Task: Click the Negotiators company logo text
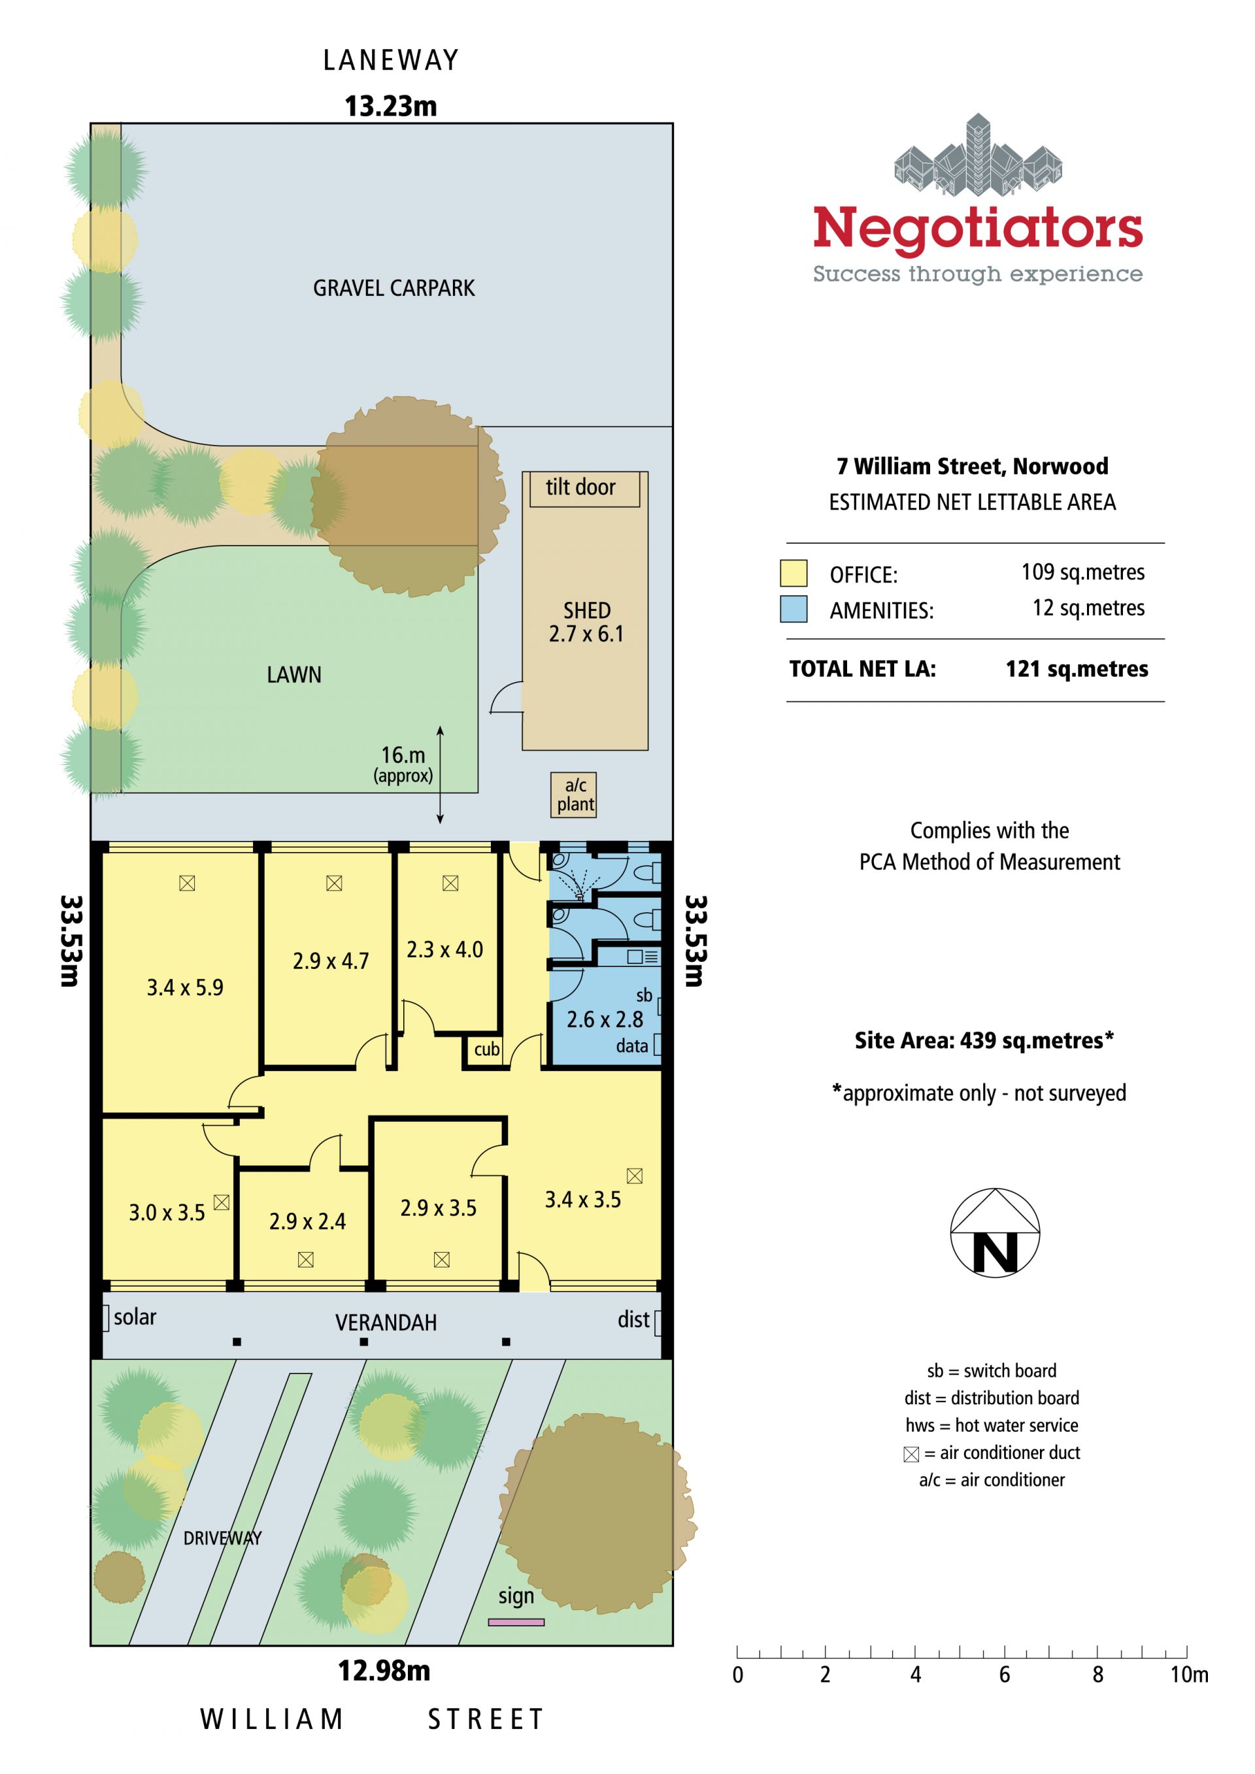click(x=978, y=228)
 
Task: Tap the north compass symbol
click(x=995, y=1232)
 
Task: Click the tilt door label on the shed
click(x=580, y=487)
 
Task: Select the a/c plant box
click(x=573, y=795)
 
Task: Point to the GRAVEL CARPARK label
click(x=393, y=288)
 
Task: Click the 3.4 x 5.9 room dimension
click(x=186, y=987)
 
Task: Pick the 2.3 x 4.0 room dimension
click(x=445, y=949)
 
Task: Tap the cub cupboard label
click(x=487, y=1049)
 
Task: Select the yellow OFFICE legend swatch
click(x=794, y=573)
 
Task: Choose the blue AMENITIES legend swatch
click(x=794, y=609)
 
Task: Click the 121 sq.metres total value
click(x=1077, y=668)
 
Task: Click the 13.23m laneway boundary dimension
click(x=391, y=106)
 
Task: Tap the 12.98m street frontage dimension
click(x=384, y=1671)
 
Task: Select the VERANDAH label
click(x=386, y=1322)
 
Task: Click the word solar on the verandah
click(x=135, y=1317)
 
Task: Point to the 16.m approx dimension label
click(x=403, y=763)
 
